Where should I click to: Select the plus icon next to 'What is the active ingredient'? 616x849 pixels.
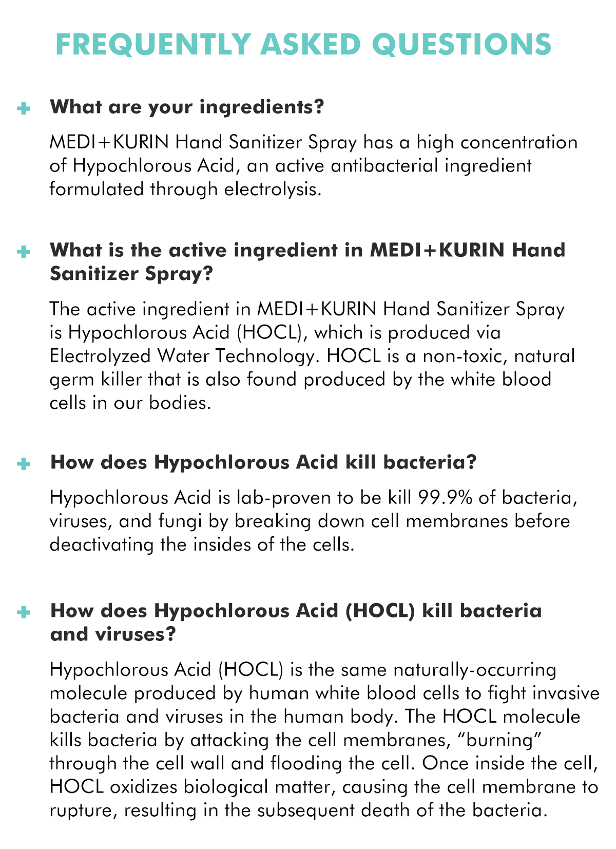click(23, 252)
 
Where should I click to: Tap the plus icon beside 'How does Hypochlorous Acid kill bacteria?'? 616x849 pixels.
click(23, 464)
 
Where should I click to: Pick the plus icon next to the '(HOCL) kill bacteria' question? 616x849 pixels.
click(23, 612)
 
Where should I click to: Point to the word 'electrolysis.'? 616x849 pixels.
click(273, 189)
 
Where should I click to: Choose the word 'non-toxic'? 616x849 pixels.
click(442, 355)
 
